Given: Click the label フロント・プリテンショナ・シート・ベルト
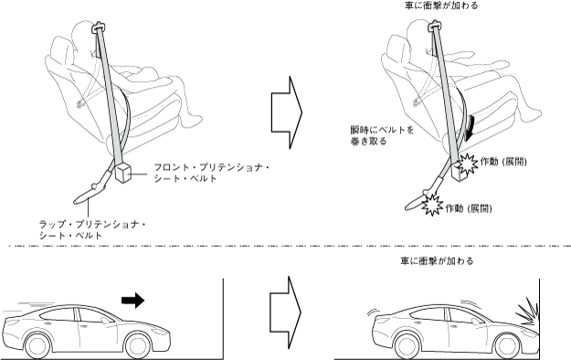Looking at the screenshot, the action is tap(211, 173).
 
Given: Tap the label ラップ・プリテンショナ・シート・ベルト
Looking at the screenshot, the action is tap(92, 229).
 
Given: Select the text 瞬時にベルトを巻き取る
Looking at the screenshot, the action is tap(382, 135).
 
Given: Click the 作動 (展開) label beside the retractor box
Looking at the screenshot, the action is tap(503, 162).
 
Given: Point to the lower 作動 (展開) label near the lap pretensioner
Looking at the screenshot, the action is tap(469, 208).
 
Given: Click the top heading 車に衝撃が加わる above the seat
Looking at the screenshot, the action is tap(441, 5).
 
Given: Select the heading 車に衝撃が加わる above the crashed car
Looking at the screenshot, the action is tap(437, 261).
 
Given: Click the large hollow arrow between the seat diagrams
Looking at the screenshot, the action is tap(287, 112).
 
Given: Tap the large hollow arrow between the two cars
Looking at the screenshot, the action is tap(285, 312).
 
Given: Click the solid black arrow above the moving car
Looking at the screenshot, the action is tap(132, 300).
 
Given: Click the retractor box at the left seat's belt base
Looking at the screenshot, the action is tap(123, 172).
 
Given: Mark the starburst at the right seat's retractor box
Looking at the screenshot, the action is tap(467, 164).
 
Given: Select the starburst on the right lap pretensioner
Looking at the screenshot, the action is tap(432, 205).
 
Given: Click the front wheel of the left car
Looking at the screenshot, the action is tap(139, 345).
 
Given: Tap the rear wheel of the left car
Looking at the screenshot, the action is tap(37, 345).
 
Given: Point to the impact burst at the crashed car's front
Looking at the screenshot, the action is tap(527, 311).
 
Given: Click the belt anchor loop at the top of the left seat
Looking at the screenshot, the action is tap(99, 26).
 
